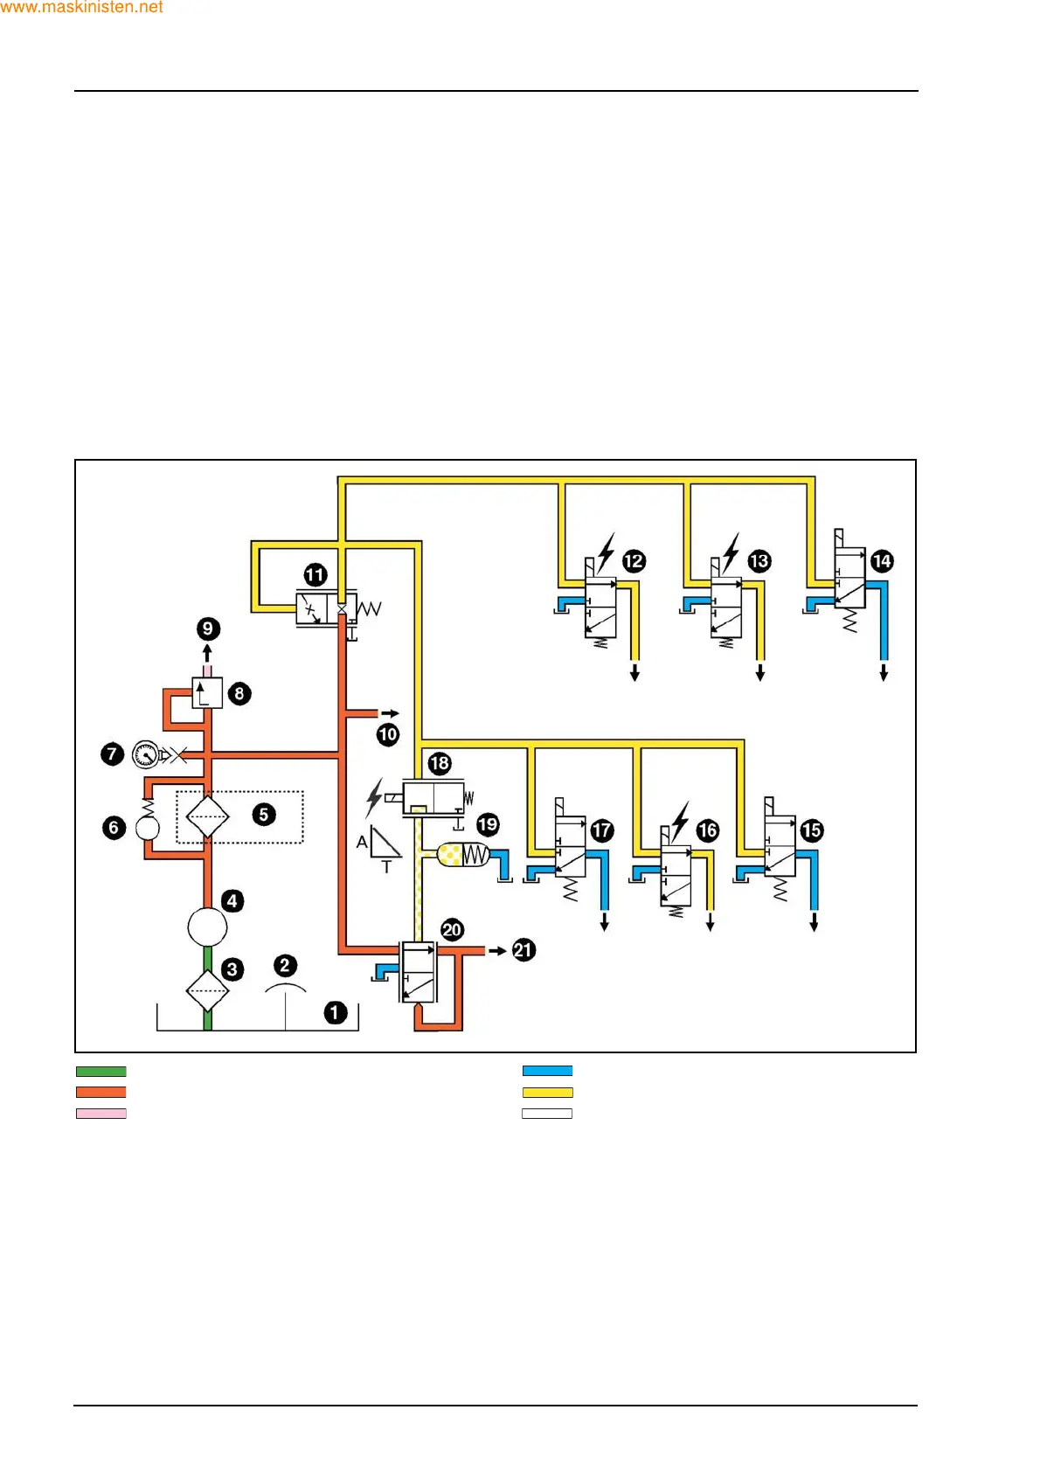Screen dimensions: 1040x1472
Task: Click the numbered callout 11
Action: pyautogui.click(x=315, y=575)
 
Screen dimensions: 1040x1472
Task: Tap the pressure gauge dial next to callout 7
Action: pyautogui.click(x=145, y=753)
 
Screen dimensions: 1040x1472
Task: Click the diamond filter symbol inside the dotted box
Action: pyautogui.click(x=208, y=817)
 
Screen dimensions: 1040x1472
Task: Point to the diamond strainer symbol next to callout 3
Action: pyautogui.click(x=208, y=990)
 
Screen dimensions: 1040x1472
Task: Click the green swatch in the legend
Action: pyautogui.click(x=101, y=1071)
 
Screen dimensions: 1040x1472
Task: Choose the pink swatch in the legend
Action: pyautogui.click(x=101, y=1114)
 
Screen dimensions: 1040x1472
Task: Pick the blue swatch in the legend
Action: pyautogui.click(x=547, y=1071)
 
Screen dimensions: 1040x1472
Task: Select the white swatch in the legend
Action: pyautogui.click(x=547, y=1114)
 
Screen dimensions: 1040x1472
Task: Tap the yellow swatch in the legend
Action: pyautogui.click(x=547, y=1093)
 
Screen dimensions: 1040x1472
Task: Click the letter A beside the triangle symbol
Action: pyautogui.click(x=362, y=843)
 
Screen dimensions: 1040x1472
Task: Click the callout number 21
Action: pyautogui.click(x=523, y=950)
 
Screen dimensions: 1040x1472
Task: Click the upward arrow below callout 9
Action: pyautogui.click(x=207, y=653)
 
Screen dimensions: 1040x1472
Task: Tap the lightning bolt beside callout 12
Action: pyautogui.click(x=606, y=552)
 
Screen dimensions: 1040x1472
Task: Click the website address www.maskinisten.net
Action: pyautogui.click(x=81, y=7)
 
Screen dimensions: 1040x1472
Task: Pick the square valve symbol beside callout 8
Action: pyautogui.click(x=207, y=693)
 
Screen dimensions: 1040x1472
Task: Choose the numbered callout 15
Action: pyautogui.click(x=812, y=830)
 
